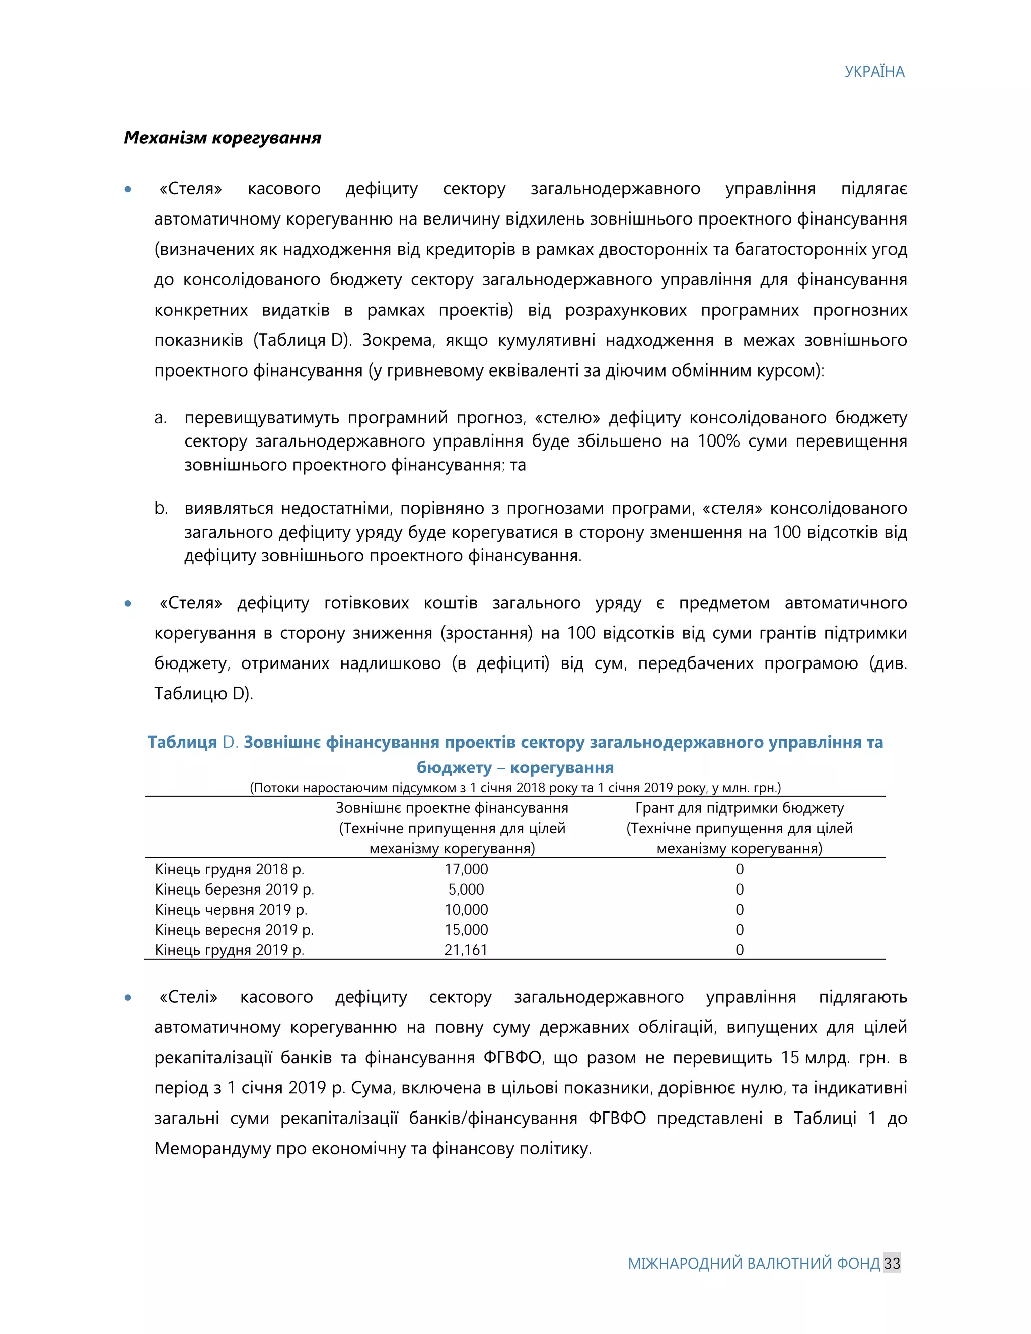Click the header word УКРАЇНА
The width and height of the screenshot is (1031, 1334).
pos(873,72)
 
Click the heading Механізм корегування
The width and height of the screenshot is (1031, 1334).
pos(223,138)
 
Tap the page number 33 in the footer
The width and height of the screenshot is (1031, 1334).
pos(891,1263)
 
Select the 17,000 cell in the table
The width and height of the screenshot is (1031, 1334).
pos(466,869)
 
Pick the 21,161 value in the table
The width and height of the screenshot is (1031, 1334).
pos(466,950)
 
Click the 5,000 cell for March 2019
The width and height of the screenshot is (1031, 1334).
pos(466,890)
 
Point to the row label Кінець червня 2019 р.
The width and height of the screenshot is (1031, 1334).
pos(231,910)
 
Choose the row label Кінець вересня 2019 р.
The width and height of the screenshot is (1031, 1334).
pos(234,930)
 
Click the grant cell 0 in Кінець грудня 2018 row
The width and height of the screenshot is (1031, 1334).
pos(739,869)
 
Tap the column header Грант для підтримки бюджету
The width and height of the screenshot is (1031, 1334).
pos(739,809)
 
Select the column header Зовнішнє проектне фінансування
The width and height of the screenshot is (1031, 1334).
pos(452,809)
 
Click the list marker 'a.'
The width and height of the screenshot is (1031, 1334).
pos(160,418)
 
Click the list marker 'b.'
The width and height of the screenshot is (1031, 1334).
pos(161,508)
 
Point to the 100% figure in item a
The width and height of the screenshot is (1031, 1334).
pos(718,441)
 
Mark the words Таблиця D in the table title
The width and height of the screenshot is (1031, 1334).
pos(192,742)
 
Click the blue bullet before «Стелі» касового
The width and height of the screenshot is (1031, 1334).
pos(128,997)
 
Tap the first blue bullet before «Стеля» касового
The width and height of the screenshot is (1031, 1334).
pos(128,189)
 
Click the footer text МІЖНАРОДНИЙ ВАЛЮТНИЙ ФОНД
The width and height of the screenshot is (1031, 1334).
pos(754,1263)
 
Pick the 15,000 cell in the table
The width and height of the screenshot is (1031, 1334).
pos(466,930)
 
